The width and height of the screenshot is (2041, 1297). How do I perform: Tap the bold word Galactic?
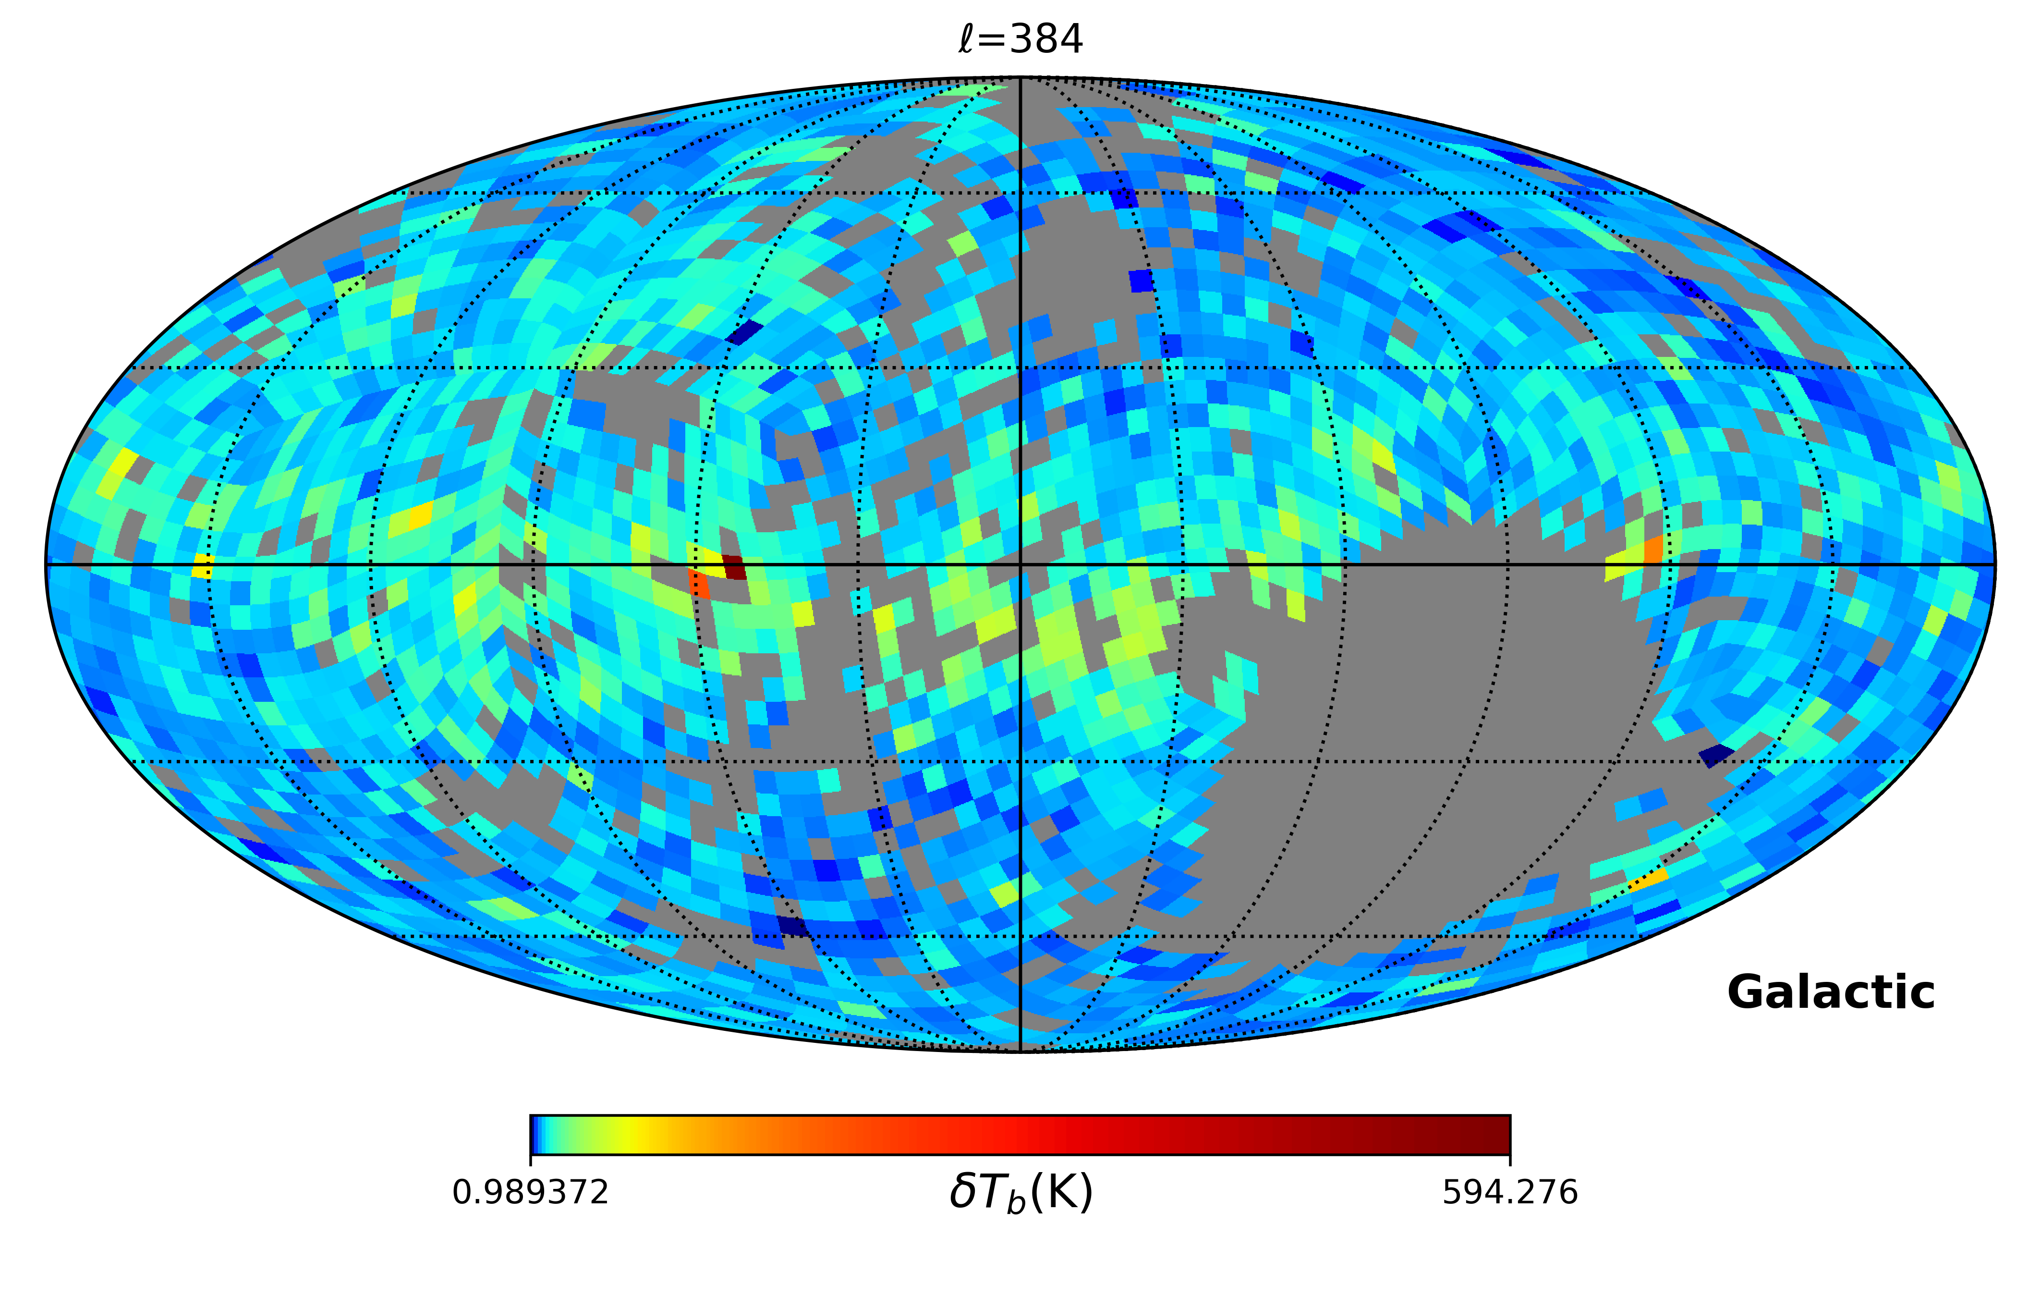coord(1831,992)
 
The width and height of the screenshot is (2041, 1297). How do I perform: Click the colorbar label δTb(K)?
coord(1020,1192)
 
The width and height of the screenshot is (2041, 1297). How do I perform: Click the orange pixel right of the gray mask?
coord(1653,550)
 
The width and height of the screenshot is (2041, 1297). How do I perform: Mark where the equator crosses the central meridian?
coord(1020,564)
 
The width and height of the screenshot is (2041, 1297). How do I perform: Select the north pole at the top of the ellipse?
coord(1020,78)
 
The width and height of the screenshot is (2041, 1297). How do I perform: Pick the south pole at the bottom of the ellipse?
coord(1020,1051)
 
